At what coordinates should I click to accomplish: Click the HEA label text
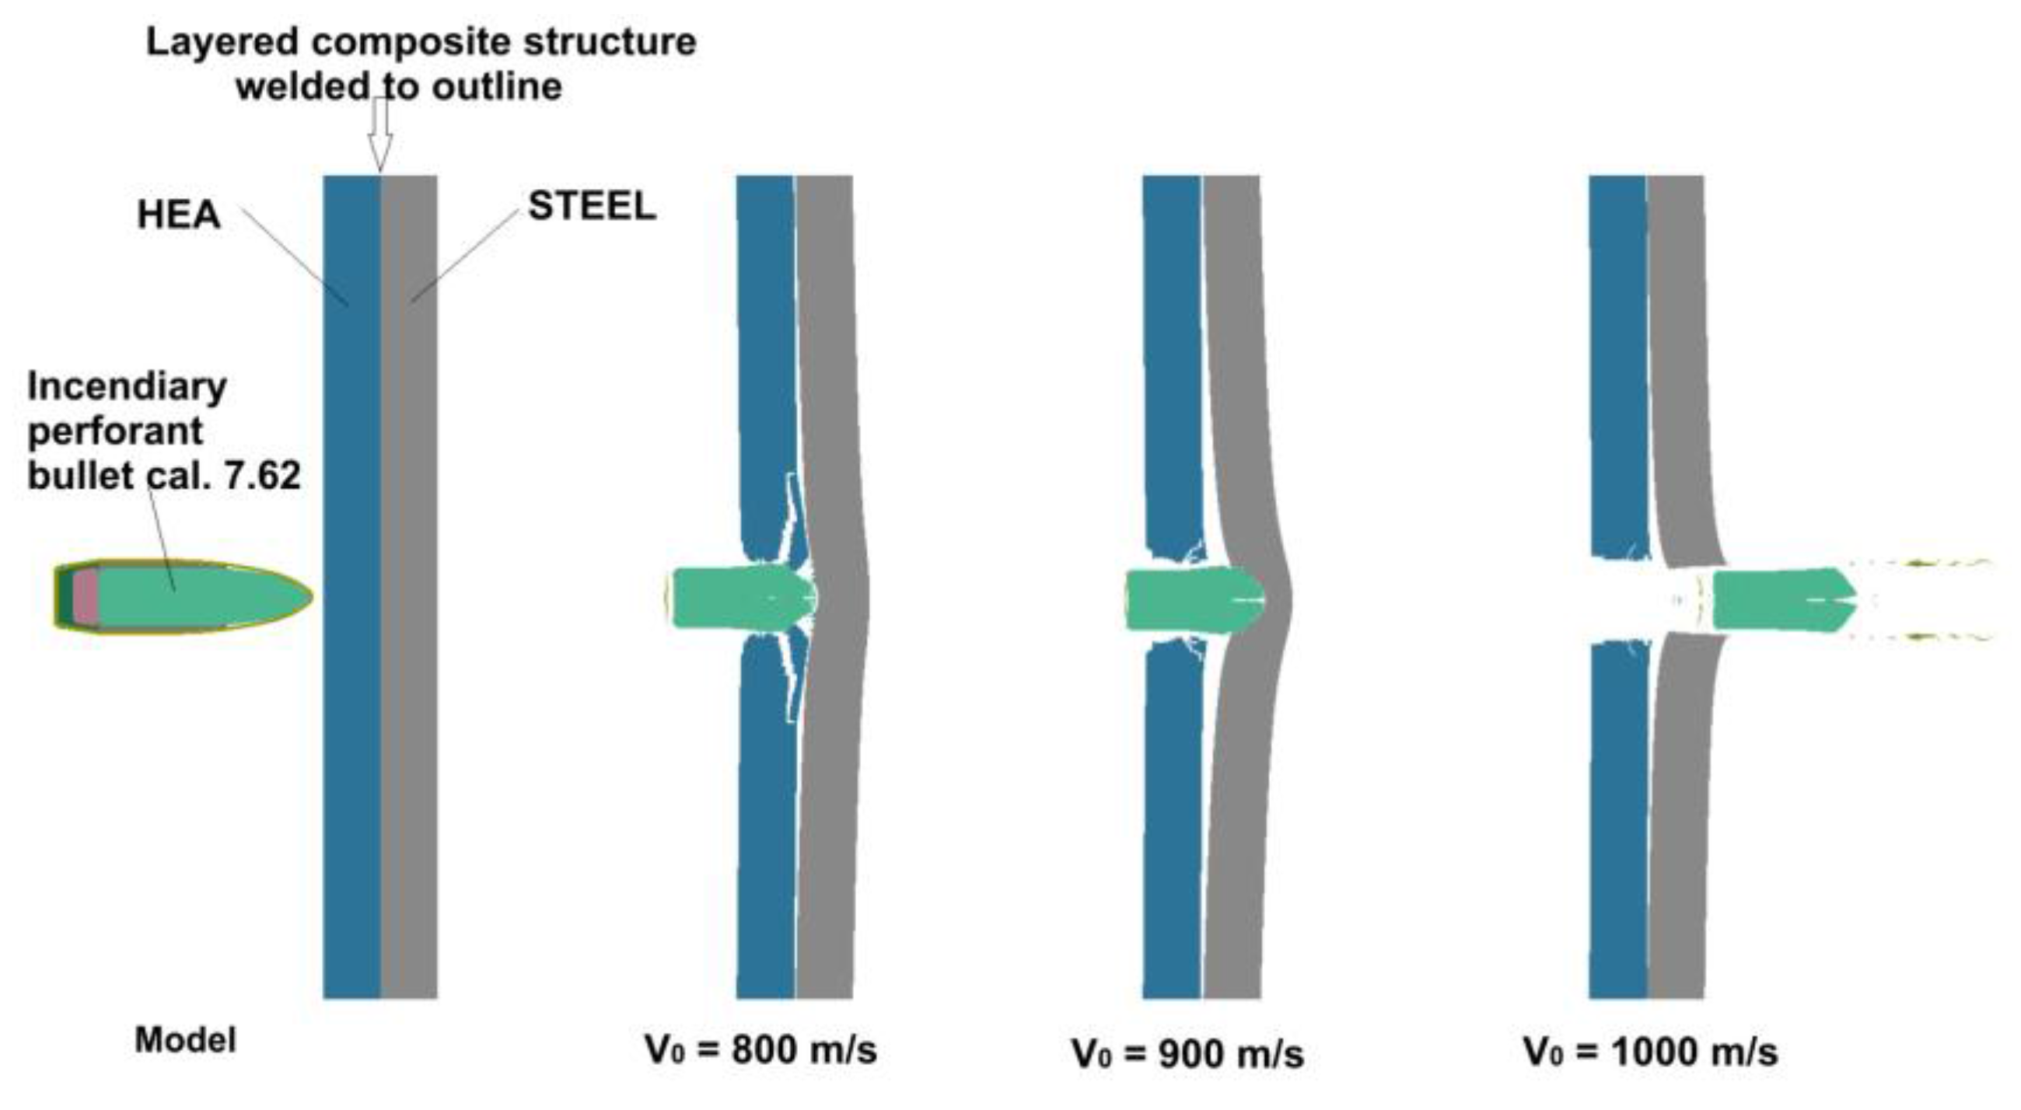point(178,215)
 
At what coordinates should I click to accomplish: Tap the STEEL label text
point(592,206)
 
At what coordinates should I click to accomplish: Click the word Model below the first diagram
point(185,1041)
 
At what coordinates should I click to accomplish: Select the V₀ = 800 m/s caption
point(760,1049)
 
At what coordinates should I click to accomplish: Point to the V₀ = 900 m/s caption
point(1187,1053)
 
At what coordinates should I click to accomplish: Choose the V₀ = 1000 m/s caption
point(1650,1051)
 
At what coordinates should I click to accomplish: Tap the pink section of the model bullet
point(86,596)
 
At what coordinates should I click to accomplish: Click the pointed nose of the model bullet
point(302,596)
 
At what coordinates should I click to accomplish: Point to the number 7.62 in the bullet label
point(262,476)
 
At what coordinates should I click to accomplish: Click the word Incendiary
point(127,386)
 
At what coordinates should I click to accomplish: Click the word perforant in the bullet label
point(115,431)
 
